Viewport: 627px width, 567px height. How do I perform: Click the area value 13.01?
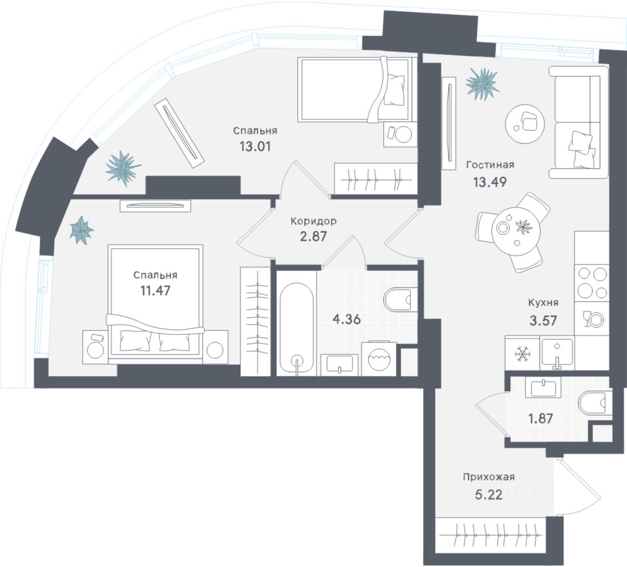[255, 146]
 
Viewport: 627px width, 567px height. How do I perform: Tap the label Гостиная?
[490, 165]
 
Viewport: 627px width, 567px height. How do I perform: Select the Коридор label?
[313, 221]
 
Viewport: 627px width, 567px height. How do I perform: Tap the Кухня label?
[542, 303]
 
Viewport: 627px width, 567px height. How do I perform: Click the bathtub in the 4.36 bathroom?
[297, 328]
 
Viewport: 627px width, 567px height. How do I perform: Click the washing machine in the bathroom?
[380, 359]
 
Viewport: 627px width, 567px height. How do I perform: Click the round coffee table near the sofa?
[524, 124]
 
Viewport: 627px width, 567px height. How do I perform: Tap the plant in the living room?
[483, 83]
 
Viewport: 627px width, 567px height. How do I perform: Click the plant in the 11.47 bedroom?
[82, 230]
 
